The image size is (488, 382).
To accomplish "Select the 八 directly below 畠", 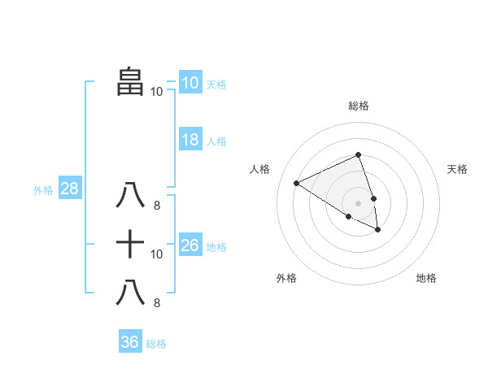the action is point(130,196).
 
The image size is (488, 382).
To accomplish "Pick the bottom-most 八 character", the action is point(130,292).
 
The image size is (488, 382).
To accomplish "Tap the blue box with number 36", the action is point(129,342).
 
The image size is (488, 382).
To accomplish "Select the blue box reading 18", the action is point(190,140).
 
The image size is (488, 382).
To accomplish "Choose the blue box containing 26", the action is point(190,245).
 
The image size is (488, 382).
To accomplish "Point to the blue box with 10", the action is point(190,83).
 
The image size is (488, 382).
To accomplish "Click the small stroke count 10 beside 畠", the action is point(156,92).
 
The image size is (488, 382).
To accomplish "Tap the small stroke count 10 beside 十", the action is point(157,254).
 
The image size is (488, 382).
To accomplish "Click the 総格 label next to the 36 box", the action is point(156,344).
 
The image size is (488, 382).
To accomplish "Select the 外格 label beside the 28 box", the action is point(43,190).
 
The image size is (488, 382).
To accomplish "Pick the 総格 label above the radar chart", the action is point(358,106).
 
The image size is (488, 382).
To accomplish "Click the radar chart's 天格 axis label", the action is point(457,169).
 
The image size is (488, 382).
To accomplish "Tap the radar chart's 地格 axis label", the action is point(426,278).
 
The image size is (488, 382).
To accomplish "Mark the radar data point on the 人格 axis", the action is point(297,183).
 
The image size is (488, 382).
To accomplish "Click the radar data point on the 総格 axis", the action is point(358,155).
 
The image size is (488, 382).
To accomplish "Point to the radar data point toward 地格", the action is point(378,230).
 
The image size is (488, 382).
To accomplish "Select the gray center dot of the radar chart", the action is point(358,202).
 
